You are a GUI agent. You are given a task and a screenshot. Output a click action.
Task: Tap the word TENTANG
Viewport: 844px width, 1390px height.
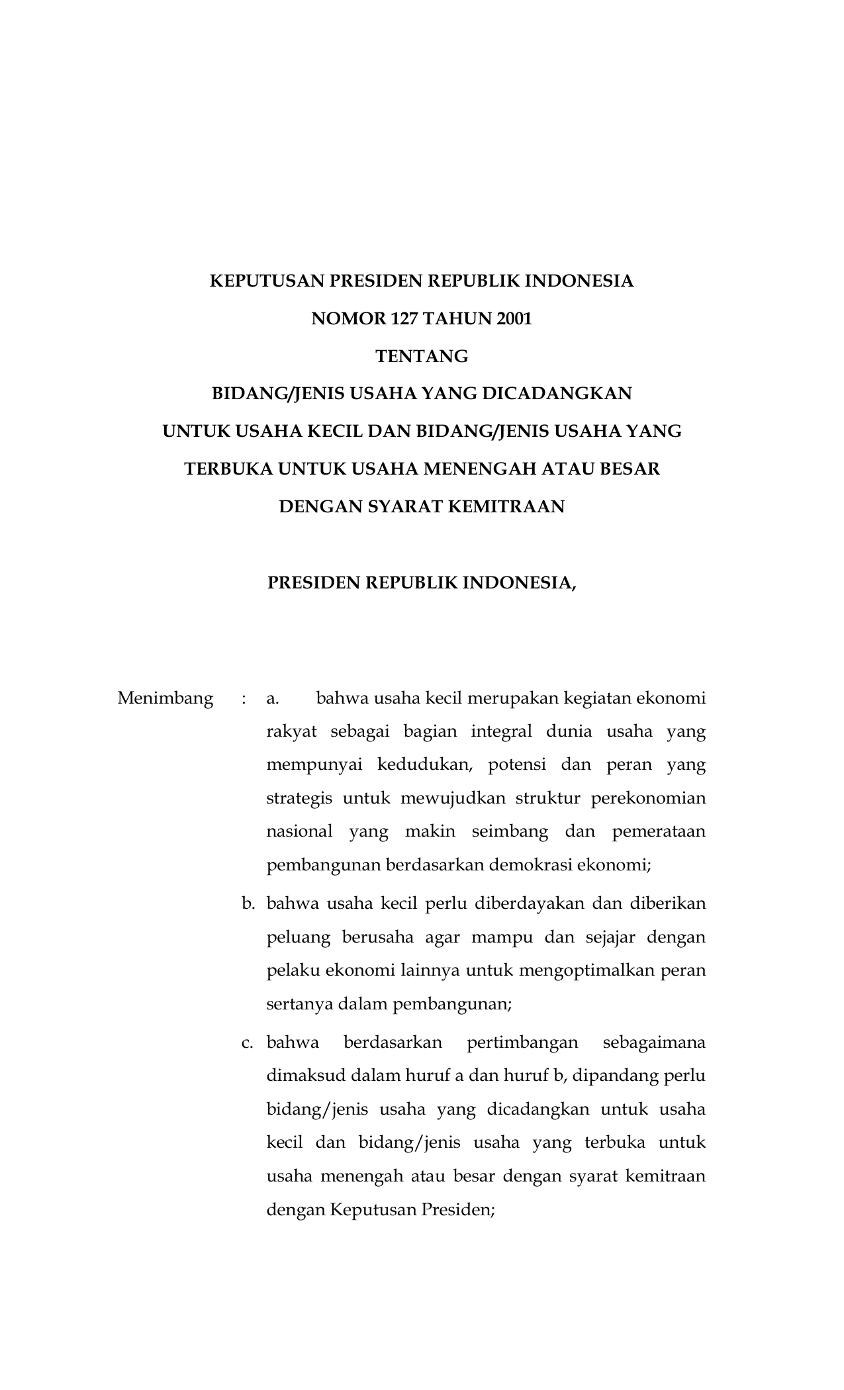(422, 357)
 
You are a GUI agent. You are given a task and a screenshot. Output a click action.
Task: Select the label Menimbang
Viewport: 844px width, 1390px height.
(165, 698)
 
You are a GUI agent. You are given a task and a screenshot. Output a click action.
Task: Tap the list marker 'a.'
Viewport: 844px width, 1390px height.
(272, 698)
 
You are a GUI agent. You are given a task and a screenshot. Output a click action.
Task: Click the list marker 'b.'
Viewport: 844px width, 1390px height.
(248, 903)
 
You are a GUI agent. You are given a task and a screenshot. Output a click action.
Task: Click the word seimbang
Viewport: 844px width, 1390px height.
(510, 831)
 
